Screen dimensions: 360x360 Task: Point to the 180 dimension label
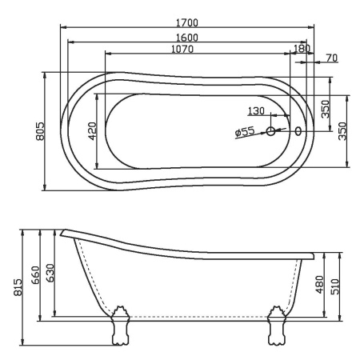[x=302, y=49]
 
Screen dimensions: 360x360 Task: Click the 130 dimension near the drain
[x=255, y=110]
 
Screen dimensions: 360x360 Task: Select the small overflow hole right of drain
[x=298, y=131]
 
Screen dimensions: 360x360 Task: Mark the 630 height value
[x=50, y=277]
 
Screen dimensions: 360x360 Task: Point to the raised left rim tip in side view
[x=62, y=234]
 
